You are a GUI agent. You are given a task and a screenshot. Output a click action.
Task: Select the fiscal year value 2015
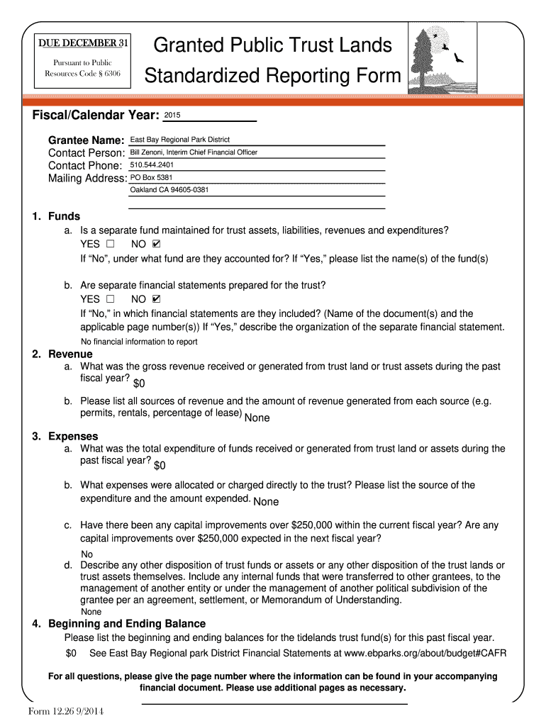click(172, 115)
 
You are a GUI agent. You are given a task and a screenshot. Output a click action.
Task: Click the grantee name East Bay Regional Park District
click(179, 140)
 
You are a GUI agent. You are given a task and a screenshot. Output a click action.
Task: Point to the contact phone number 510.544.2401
click(152, 165)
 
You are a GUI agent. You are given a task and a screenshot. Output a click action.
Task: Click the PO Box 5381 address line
click(151, 177)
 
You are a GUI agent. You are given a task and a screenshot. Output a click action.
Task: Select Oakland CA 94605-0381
click(169, 190)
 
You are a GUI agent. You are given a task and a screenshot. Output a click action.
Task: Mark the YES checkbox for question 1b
click(110, 299)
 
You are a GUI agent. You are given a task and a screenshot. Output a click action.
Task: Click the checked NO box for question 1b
click(157, 299)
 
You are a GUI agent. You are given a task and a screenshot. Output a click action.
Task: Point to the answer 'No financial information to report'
click(139, 342)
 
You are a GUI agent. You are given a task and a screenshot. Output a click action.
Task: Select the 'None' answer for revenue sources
click(257, 418)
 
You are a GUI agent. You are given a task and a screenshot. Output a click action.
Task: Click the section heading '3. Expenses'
click(65, 436)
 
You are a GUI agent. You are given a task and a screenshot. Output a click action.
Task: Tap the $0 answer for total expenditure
click(160, 466)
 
